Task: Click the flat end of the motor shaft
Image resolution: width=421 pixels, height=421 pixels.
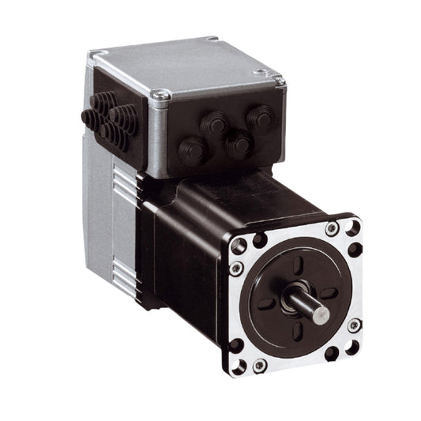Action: [x=321, y=312]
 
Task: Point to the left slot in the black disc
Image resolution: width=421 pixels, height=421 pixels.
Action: [x=267, y=303]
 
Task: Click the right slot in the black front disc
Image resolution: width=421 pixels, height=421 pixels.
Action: [x=328, y=293]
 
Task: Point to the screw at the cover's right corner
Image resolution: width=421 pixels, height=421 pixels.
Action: [x=278, y=79]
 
